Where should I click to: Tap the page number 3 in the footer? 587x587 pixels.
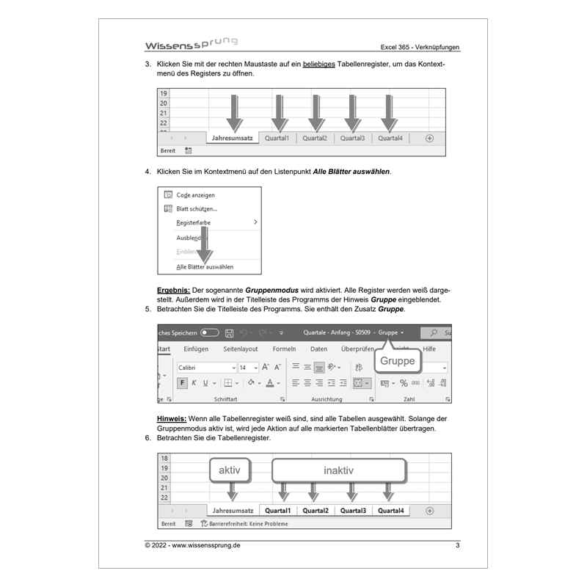click(457, 545)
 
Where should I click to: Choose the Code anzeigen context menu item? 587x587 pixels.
click(195, 195)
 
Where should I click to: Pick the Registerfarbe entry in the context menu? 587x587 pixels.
click(194, 222)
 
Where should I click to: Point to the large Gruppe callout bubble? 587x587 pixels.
click(397, 361)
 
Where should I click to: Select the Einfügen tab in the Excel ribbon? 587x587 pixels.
click(196, 349)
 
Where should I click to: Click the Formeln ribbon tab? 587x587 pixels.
click(284, 349)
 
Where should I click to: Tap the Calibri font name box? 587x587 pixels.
click(205, 368)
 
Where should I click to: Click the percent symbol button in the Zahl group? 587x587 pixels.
click(404, 383)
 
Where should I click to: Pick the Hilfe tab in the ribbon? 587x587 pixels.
click(429, 349)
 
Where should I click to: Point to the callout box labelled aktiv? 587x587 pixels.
click(230, 470)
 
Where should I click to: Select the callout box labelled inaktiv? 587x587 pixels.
click(338, 470)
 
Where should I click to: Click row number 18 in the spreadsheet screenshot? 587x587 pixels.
click(164, 458)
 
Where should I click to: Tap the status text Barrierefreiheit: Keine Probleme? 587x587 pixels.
click(248, 524)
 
